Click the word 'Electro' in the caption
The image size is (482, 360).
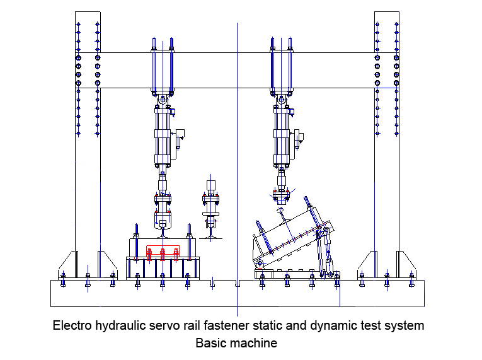(x=71, y=326)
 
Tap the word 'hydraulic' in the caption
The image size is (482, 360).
(x=118, y=326)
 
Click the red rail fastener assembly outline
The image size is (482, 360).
(x=163, y=253)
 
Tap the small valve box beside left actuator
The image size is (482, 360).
(x=180, y=135)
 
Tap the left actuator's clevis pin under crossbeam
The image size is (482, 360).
(x=163, y=100)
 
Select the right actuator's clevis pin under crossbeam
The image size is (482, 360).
(x=281, y=100)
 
